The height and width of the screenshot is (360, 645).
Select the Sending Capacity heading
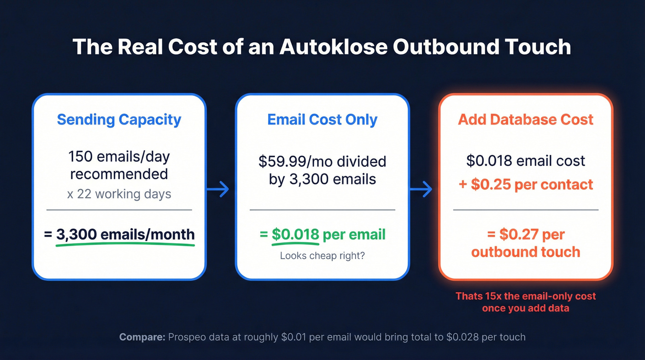tap(119, 119)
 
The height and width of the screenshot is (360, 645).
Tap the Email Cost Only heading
tap(322, 119)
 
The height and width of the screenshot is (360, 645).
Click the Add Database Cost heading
tap(526, 119)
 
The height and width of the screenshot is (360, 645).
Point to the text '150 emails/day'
tap(119, 157)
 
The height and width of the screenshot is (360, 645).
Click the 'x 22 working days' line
tap(119, 194)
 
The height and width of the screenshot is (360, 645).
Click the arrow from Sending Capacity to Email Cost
tap(221, 189)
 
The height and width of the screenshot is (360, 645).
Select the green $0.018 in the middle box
tap(295, 234)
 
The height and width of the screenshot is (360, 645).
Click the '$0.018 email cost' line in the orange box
tap(526, 160)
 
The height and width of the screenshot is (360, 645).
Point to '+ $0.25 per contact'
tap(526, 184)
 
